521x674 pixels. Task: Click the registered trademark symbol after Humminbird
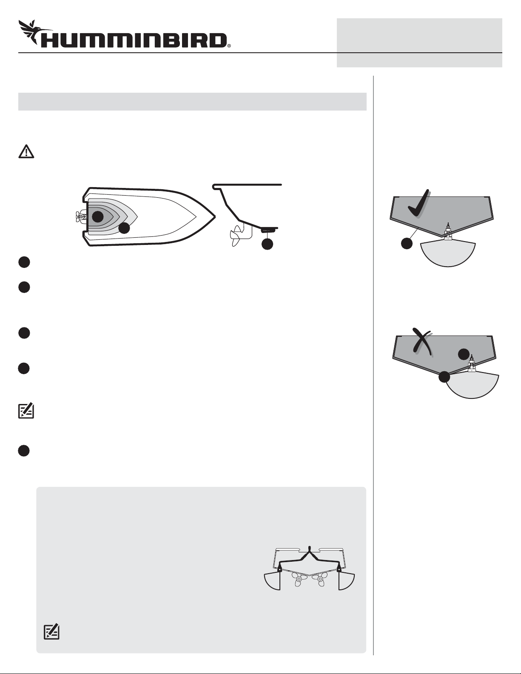(x=229, y=46)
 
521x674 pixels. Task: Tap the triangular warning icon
(x=26, y=152)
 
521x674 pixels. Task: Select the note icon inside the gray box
(x=51, y=632)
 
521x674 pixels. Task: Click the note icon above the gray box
(x=26, y=411)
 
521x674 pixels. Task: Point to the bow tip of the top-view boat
(x=215, y=216)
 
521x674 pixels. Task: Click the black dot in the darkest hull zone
(x=97, y=216)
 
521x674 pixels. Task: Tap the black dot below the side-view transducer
(x=268, y=244)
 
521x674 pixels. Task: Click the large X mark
(x=422, y=341)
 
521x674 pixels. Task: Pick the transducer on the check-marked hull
(x=448, y=232)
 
